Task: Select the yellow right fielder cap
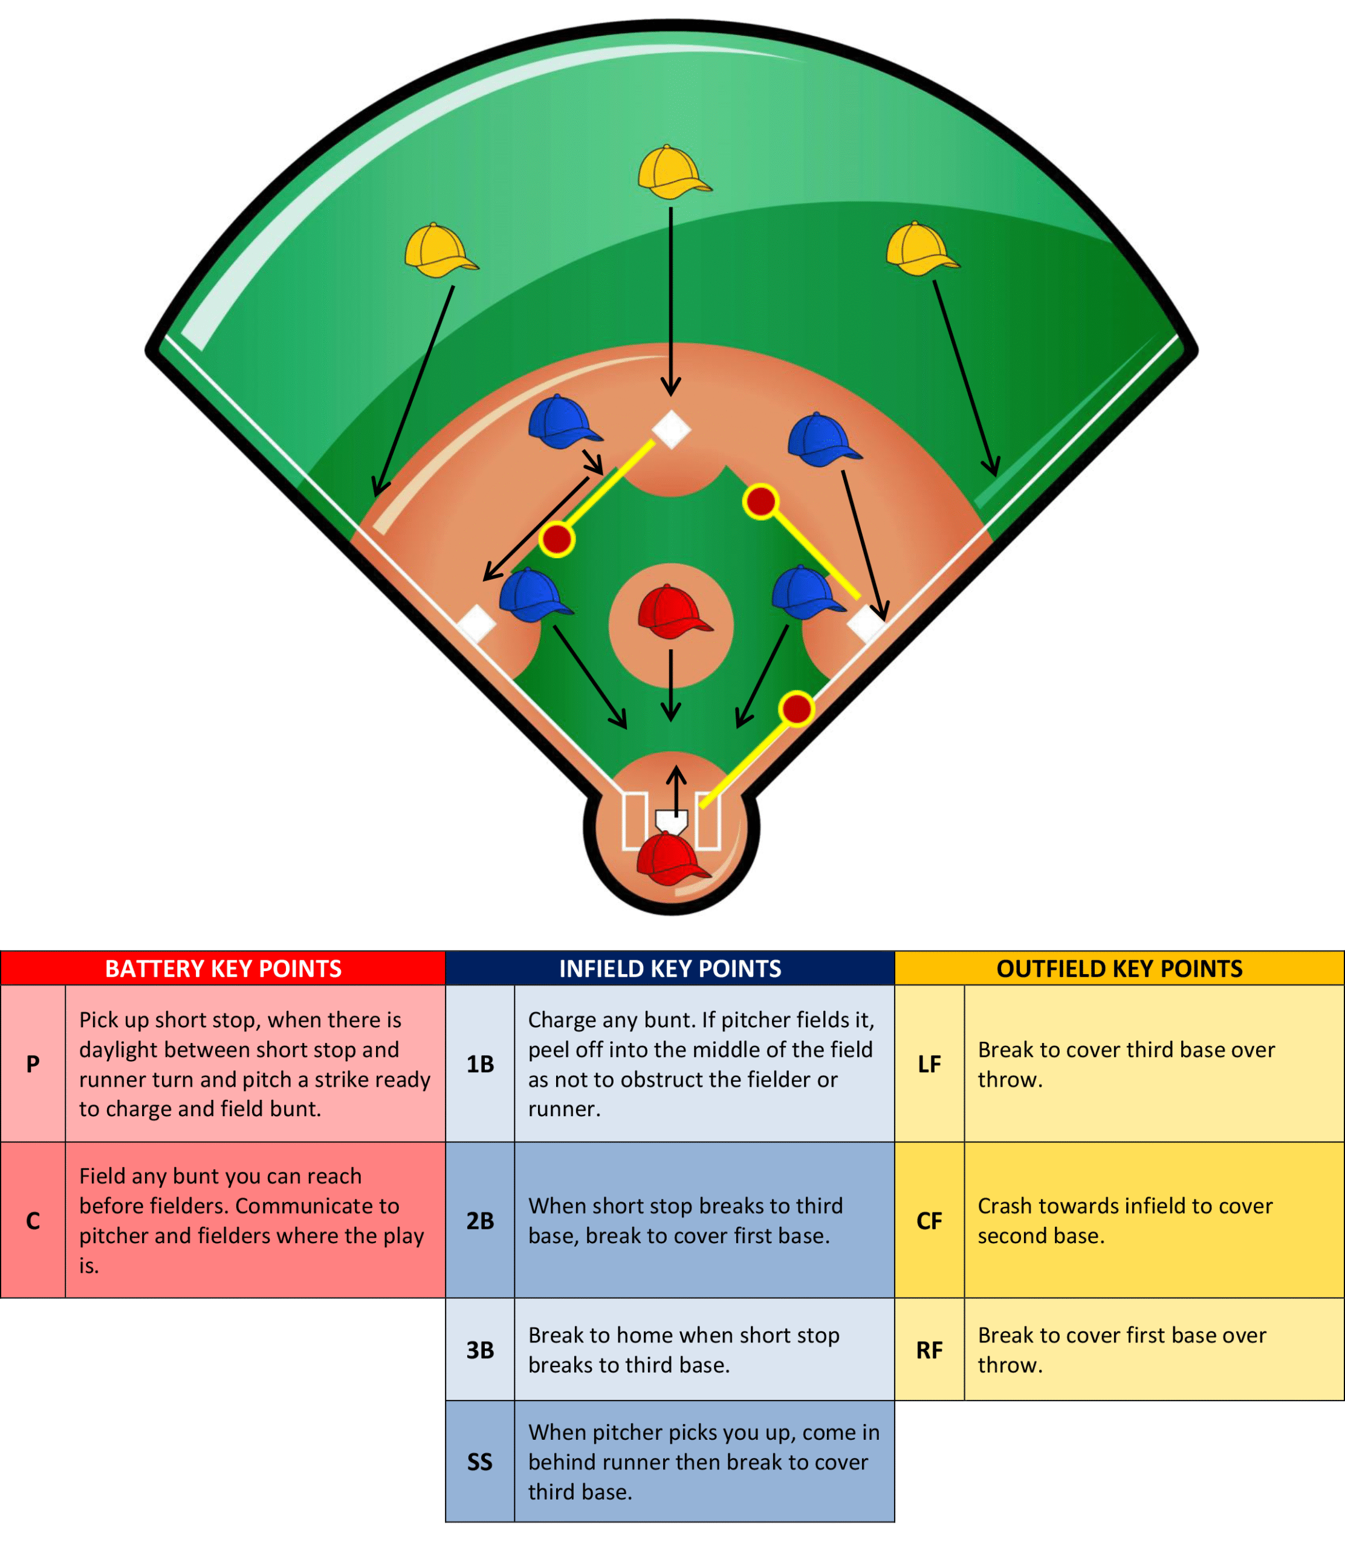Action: [922, 249]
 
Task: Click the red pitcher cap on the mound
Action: [674, 611]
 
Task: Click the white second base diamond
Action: [671, 429]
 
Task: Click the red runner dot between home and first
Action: [796, 709]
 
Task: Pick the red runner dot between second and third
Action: [557, 538]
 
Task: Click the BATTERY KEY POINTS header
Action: [223, 969]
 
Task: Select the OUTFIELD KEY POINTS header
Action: [1119, 969]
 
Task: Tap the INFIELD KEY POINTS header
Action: [670, 969]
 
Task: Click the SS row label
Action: [479, 1461]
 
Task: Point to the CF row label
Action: [929, 1220]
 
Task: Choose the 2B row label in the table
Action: [479, 1220]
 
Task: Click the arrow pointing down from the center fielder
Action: [671, 301]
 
